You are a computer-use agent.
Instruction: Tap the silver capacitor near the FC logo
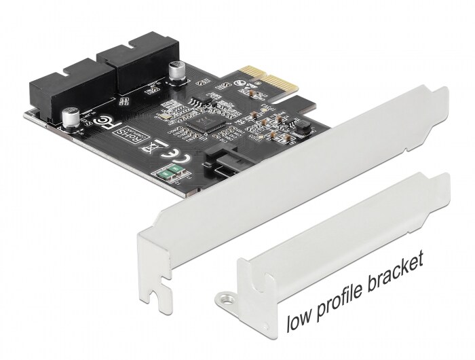(71, 116)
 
